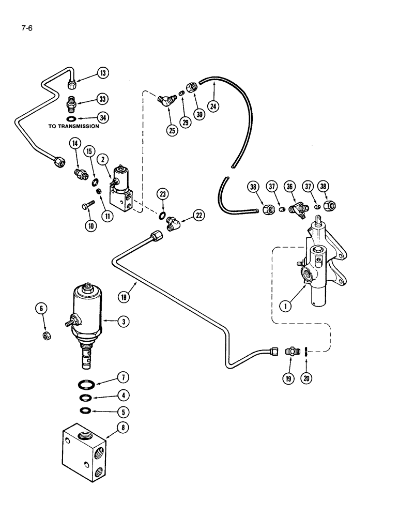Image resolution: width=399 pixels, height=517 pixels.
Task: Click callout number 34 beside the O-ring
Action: (x=104, y=118)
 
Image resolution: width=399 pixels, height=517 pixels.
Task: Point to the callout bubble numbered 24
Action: (x=213, y=105)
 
